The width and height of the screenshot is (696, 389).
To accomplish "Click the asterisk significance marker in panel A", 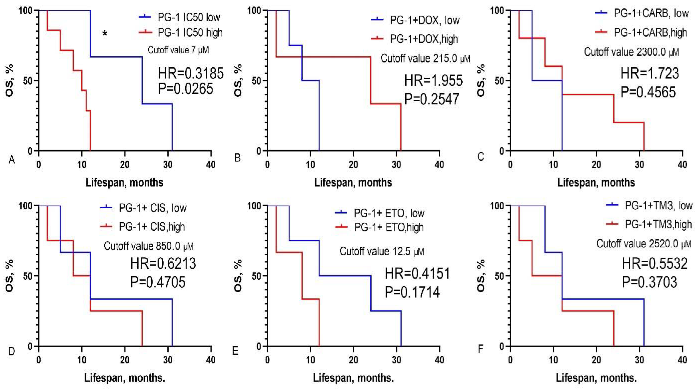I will point(105,34).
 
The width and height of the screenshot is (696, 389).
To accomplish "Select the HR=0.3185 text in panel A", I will point(190,73).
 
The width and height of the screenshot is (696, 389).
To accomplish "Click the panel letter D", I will point(11,351).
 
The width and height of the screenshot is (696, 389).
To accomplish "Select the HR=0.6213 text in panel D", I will point(163,263).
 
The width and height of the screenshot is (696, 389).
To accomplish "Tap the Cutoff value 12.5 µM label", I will point(382,252).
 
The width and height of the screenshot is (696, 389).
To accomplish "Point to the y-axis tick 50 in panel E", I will point(257,276).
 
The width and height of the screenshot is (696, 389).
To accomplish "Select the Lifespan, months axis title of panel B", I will point(353,183).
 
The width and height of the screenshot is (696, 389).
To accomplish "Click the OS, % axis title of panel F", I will point(481,276).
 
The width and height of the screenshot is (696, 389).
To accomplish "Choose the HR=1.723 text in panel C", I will point(649,73).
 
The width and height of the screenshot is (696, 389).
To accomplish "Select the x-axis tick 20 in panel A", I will point(125,165).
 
